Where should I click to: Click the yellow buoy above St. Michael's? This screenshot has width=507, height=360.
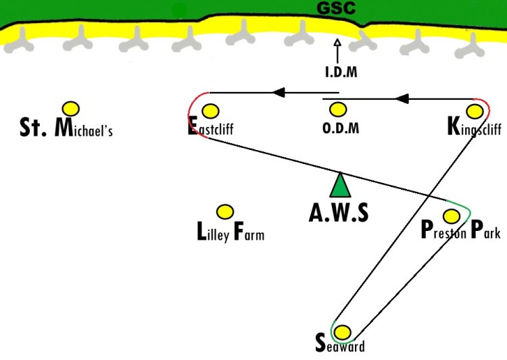(x=71, y=109)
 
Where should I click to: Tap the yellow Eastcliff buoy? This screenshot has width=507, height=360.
(x=210, y=111)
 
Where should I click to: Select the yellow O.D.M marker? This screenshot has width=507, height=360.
(x=338, y=109)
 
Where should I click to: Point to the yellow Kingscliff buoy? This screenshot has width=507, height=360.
(x=475, y=111)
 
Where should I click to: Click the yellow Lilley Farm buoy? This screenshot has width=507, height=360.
(x=225, y=212)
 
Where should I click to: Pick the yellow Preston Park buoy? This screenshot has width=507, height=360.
(x=452, y=216)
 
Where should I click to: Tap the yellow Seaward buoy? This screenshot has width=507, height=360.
(x=342, y=332)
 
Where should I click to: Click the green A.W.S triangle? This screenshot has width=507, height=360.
(x=340, y=185)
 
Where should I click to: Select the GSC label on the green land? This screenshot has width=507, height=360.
(x=336, y=7)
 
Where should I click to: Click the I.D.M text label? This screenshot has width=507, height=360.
(x=341, y=72)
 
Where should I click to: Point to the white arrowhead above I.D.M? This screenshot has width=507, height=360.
(x=337, y=43)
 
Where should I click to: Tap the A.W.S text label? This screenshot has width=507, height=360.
(x=339, y=213)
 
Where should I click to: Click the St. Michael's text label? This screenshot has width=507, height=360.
(x=66, y=128)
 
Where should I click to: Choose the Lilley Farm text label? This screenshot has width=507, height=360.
(x=231, y=232)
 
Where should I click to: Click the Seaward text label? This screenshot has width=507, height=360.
(x=340, y=344)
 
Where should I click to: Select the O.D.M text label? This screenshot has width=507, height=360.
(x=341, y=128)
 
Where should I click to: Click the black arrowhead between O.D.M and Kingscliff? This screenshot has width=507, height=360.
(x=402, y=99)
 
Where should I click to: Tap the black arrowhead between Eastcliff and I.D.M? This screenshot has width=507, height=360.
(x=279, y=93)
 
